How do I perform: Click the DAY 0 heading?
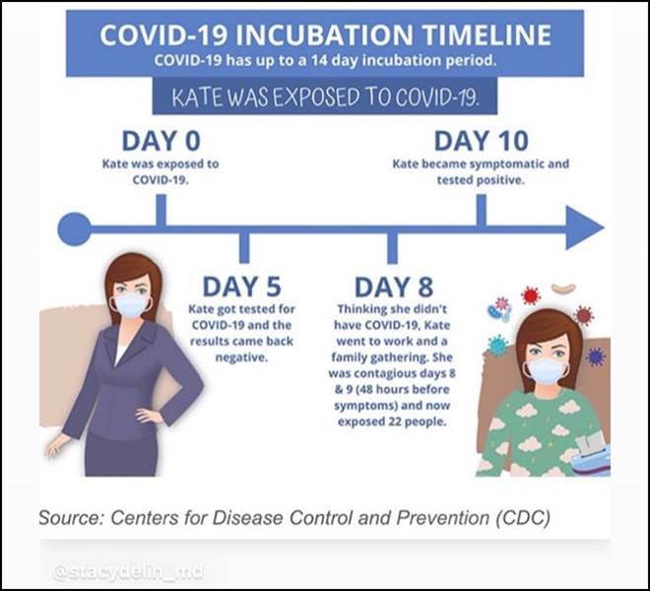[161, 141]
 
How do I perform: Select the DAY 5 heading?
[241, 287]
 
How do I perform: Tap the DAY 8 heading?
[394, 287]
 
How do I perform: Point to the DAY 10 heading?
[482, 141]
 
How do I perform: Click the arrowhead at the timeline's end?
[582, 228]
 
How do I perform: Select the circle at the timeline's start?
[74, 229]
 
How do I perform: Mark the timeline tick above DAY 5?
[244, 247]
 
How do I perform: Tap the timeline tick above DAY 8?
[392, 247]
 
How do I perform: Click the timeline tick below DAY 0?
[162, 210]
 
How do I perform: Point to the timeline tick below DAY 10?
[482, 210]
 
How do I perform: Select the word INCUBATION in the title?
[324, 34]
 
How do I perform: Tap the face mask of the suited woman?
[131, 306]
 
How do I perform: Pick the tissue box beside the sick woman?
[592, 455]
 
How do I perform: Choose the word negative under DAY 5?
[241, 358]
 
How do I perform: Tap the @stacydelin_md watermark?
[128, 572]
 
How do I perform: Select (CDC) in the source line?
[523, 517]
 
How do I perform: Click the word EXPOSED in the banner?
[317, 98]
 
